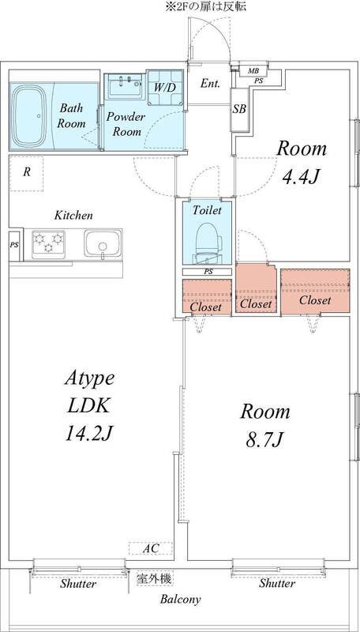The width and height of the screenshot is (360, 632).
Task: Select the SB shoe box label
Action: click(x=238, y=110)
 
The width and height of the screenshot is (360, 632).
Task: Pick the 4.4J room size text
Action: click(x=301, y=175)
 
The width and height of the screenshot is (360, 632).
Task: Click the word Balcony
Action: click(x=180, y=600)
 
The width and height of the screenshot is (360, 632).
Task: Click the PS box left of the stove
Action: click(x=13, y=245)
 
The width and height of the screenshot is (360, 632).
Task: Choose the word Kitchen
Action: click(x=74, y=215)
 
